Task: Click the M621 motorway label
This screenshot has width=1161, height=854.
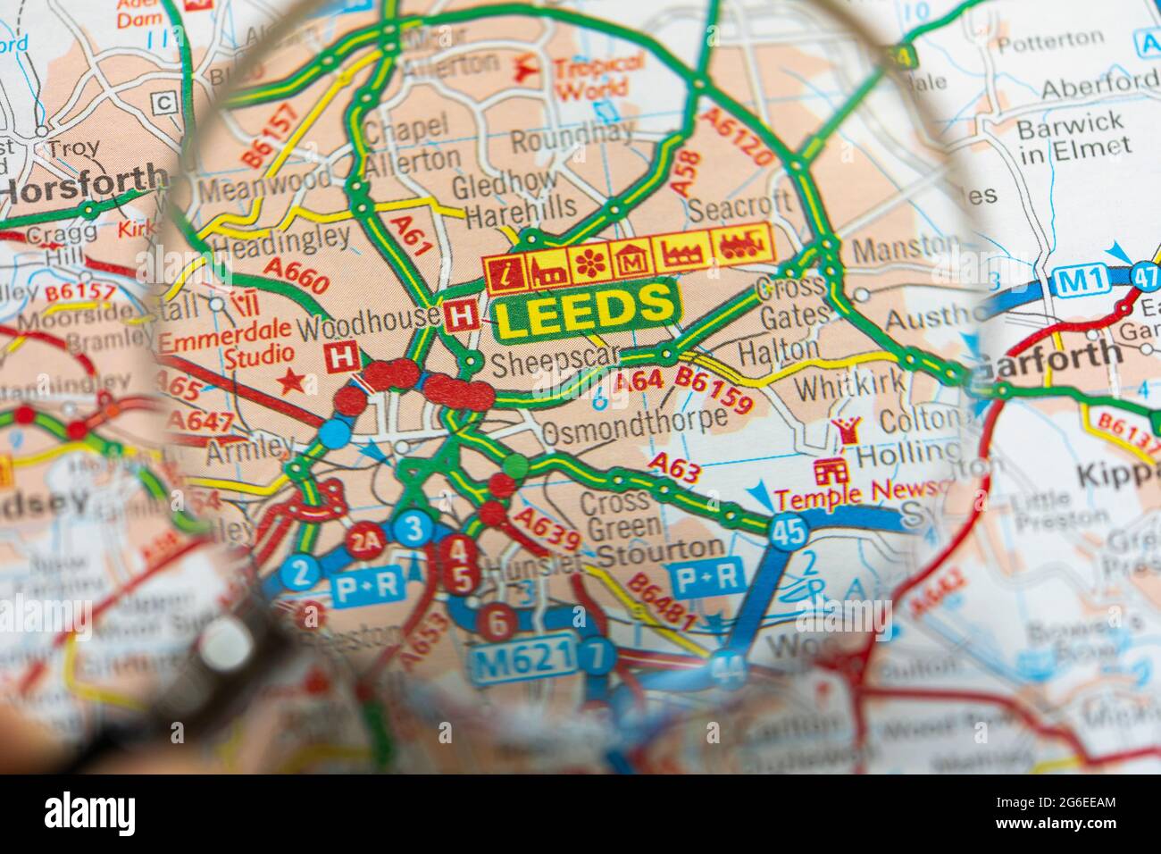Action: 525,662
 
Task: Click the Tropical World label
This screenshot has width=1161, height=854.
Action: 598,76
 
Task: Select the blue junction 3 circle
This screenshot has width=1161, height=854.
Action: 413,529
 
